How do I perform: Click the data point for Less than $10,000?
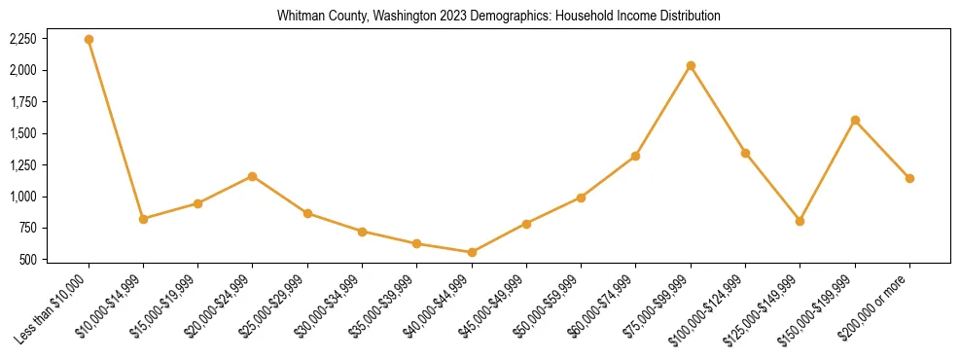coord(89,39)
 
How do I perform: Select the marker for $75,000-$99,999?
coord(691,65)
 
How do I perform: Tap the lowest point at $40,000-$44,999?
coord(472,252)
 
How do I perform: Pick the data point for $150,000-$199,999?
coord(855,120)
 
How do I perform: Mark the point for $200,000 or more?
coord(909,178)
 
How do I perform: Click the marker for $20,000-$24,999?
coord(252,176)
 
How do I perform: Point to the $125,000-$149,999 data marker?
coord(800,221)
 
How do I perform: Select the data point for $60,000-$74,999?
coord(635,156)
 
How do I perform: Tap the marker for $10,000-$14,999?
coord(143,219)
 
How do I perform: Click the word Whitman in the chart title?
coord(298,17)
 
